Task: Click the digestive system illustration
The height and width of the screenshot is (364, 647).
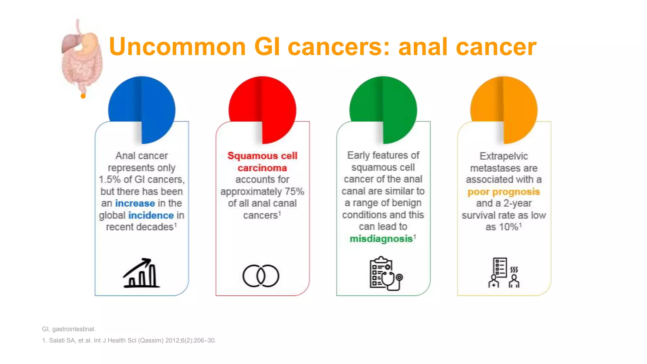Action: (82, 57)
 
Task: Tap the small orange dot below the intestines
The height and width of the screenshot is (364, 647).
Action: (83, 96)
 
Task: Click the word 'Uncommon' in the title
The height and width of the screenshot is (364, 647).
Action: (177, 47)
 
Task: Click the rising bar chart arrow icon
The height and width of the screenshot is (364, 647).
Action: (141, 273)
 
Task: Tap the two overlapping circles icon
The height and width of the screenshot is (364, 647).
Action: (261, 276)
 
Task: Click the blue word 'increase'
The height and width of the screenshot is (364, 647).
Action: (135, 203)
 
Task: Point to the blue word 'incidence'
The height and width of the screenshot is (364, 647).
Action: (151, 215)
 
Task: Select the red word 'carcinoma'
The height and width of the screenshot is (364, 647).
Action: (262, 168)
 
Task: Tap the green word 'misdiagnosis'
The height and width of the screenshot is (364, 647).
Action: (381, 239)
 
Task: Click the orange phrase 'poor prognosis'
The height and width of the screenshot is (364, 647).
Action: (504, 191)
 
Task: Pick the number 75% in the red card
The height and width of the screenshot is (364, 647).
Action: (294, 191)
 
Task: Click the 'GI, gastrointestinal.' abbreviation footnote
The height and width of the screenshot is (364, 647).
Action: (69, 329)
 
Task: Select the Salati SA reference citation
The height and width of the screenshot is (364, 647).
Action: (129, 340)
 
